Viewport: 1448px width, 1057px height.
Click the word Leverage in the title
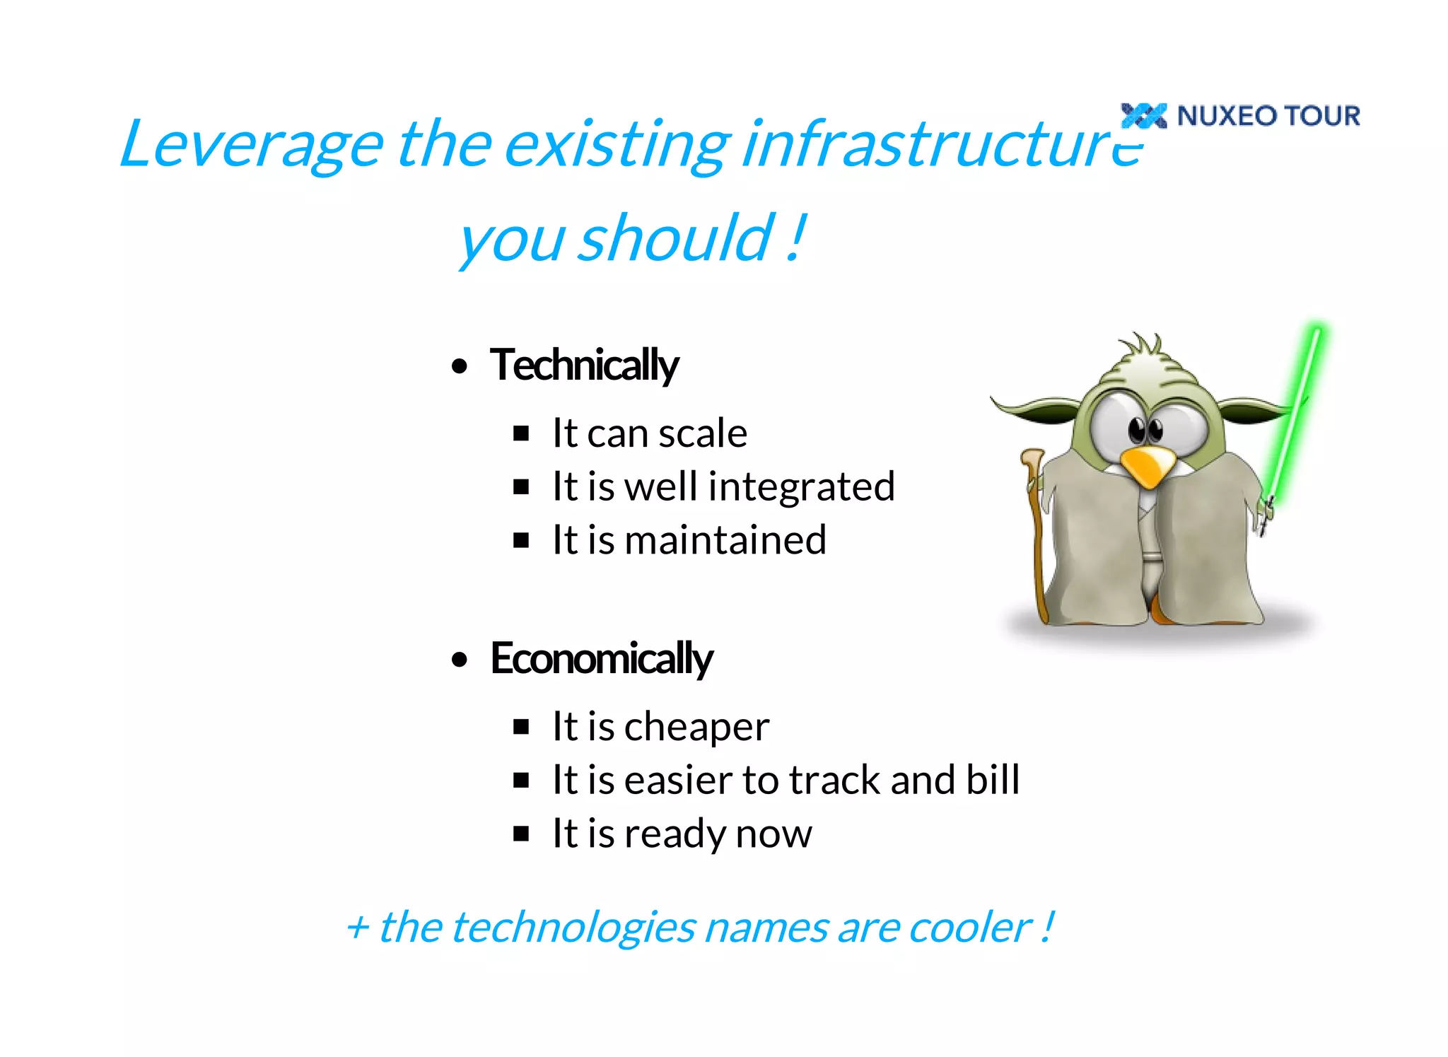(251, 145)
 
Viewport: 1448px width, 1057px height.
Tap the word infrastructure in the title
(940, 145)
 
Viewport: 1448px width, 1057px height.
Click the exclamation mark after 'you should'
(797, 238)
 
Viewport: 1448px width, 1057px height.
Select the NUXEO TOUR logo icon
(1143, 115)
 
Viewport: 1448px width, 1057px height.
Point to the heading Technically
(584, 366)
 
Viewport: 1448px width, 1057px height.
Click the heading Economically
(602, 658)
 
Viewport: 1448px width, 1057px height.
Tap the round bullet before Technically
(460, 366)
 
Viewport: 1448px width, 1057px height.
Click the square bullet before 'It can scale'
(521, 433)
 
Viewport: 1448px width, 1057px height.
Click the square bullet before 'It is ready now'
(521, 834)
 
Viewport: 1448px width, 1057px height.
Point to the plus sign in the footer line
(358, 928)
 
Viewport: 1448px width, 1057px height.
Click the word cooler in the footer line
(970, 927)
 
